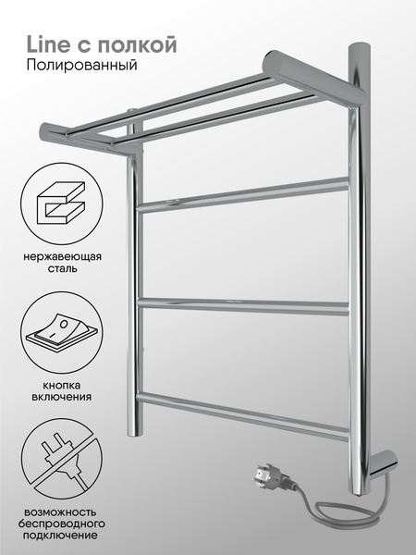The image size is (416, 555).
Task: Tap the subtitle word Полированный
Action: (81, 66)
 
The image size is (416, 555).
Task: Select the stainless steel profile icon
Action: (61, 203)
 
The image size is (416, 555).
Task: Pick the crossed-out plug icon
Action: (61, 460)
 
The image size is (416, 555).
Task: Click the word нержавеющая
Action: (63, 256)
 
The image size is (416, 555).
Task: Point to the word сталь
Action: (62, 268)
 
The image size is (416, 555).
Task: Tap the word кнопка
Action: (62, 385)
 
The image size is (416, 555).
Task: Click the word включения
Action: (62, 397)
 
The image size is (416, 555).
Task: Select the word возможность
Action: (60, 512)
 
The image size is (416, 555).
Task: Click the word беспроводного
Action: (62, 524)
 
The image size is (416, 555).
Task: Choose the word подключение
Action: (60, 536)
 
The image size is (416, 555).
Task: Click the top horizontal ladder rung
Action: (242, 195)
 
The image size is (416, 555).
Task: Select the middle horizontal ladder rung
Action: (243, 306)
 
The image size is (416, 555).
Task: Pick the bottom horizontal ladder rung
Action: (243, 417)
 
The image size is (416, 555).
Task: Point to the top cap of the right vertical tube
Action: (360, 48)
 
